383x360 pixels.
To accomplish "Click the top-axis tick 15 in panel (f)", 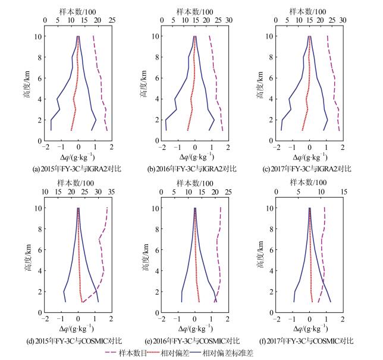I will click(343, 192).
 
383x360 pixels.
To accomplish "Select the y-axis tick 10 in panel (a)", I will click(37, 36).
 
